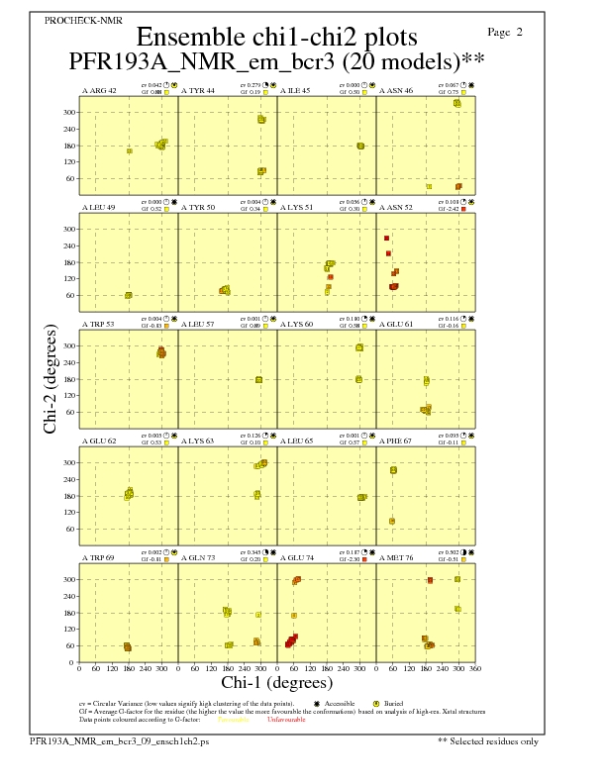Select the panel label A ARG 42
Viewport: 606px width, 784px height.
pyautogui.click(x=99, y=90)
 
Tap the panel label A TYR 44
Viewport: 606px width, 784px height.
pyautogui.click(x=197, y=90)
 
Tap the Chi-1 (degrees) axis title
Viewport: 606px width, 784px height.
pyautogui.click(x=277, y=682)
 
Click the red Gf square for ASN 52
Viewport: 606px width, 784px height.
pyautogui.click(x=463, y=210)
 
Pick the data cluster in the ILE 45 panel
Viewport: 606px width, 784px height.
pyautogui.click(x=360, y=146)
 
